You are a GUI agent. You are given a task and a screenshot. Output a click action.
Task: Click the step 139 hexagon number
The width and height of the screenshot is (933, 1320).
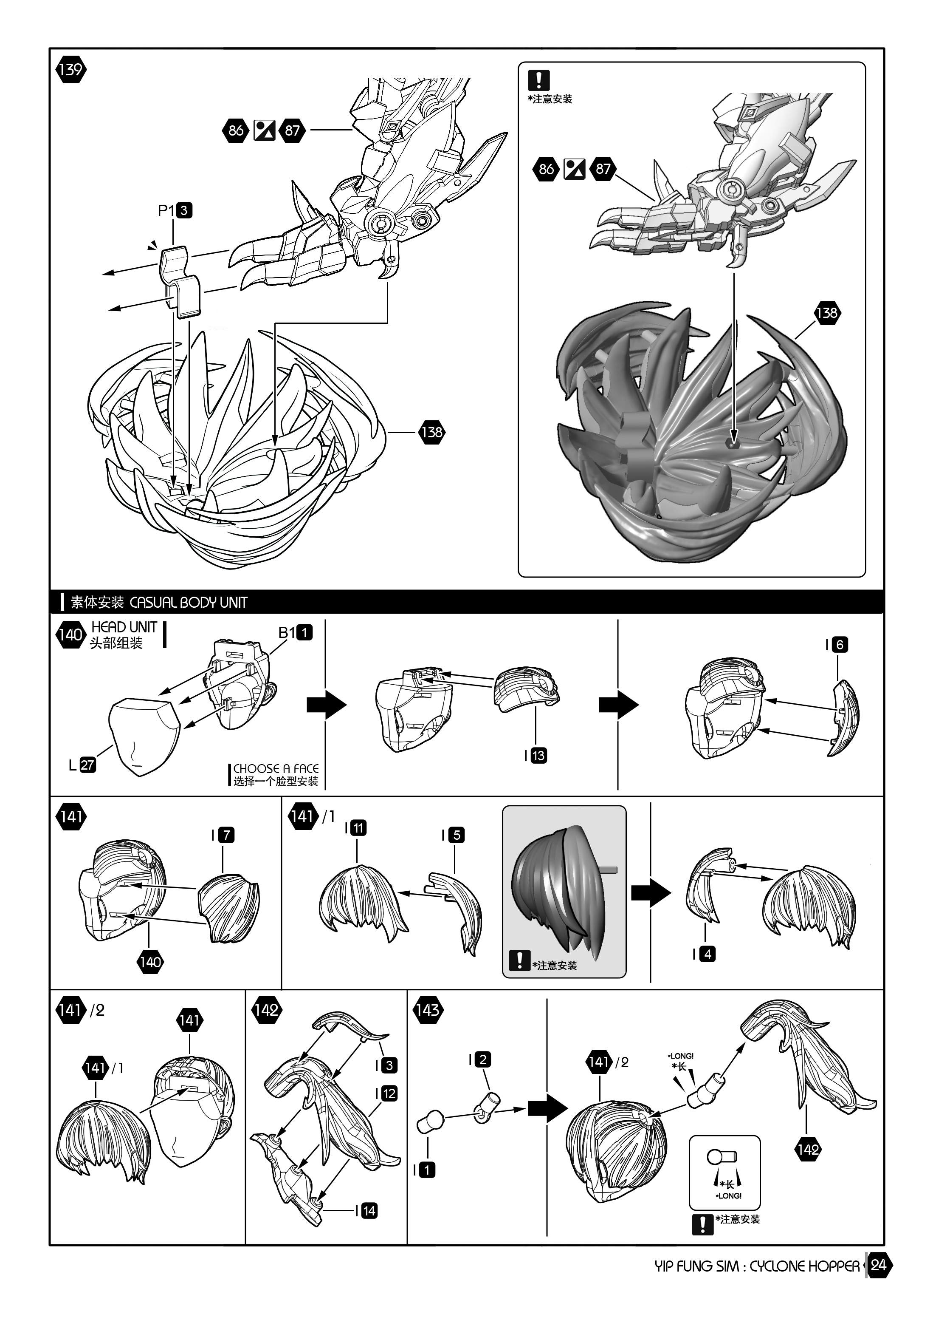coord(70,70)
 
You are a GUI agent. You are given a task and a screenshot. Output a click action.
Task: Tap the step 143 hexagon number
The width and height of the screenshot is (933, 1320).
coord(428,1010)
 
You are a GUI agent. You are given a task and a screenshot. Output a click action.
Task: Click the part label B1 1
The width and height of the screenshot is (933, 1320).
coord(295,632)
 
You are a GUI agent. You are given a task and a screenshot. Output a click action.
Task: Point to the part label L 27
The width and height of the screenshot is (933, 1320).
coord(82,765)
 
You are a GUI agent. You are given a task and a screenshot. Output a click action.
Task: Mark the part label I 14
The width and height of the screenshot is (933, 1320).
coord(366,1211)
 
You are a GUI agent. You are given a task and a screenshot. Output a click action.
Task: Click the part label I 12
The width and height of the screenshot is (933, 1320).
coord(386,1093)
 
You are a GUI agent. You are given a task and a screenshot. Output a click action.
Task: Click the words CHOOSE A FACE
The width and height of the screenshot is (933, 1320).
coord(276,769)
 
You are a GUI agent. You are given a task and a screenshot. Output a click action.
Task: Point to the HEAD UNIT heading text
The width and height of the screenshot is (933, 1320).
coord(124,627)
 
